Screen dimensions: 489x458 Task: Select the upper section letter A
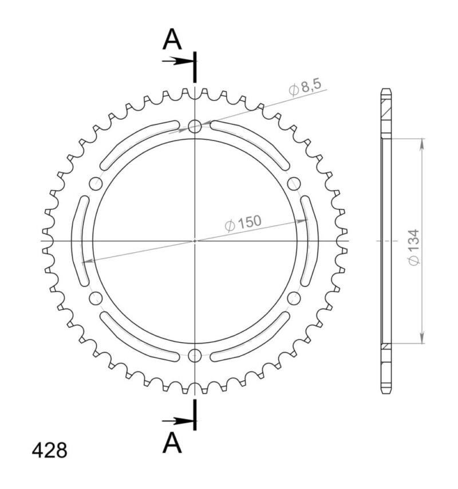[172, 40]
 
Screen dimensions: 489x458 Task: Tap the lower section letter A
[172, 443]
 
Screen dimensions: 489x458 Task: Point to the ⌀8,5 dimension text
[306, 87]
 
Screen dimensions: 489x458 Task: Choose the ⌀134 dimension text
[414, 247]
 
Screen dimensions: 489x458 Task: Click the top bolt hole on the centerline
[195, 126]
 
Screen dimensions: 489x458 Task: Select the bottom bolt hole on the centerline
[195, 355]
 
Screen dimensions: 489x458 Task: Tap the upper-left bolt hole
[96, 183]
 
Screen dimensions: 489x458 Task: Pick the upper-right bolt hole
[294, 183]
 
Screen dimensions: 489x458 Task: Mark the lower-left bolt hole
[96, 298]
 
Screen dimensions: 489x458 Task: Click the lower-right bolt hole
[294, 298]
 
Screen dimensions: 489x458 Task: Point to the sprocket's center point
[195, 241]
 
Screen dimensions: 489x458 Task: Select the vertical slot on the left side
[80, 241]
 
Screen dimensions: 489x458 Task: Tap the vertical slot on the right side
[310, 241]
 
